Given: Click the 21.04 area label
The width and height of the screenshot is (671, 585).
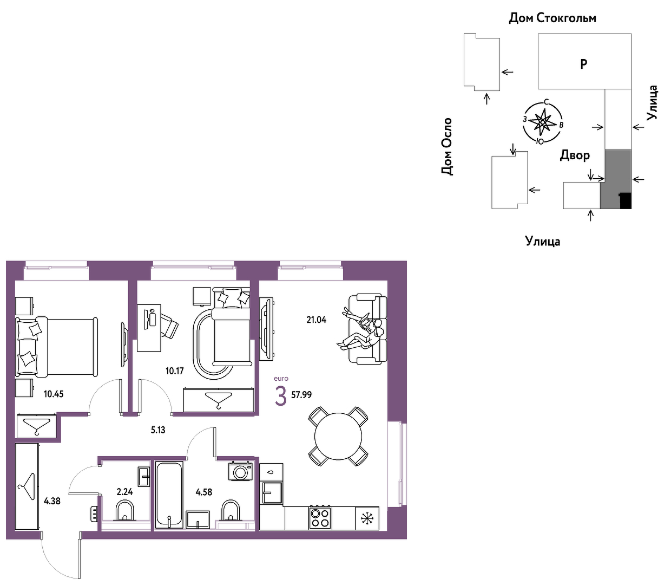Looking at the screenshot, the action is [x=316, y=320].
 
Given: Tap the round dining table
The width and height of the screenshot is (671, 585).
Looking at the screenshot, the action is [x=338, y=436].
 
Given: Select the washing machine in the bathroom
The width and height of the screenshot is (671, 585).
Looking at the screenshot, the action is [x=241, y=472].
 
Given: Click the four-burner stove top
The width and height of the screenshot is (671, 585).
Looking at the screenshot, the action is [x=320, y=518].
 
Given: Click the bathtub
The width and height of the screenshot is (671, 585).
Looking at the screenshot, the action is [x=169, y=495].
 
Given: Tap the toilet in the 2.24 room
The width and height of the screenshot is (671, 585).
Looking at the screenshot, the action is [x=125, y=511].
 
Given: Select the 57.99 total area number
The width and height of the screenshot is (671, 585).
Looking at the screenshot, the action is [x=301, y=394].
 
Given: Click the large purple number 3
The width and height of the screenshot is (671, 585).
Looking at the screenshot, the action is [x=281, y=396].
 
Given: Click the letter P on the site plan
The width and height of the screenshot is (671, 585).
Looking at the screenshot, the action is [x=583, y=64].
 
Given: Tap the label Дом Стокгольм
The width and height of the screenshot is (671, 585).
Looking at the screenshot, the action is [x=552, y=18].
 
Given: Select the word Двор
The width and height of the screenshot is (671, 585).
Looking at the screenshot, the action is [x=575, y=155].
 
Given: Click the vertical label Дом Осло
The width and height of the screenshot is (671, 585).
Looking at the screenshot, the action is [x=446, y=147].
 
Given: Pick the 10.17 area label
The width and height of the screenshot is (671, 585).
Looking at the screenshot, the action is [x=174, y=371].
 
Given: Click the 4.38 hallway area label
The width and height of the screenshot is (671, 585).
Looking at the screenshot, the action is [x=52, y=501].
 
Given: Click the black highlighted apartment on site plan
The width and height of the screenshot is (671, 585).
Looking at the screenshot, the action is [x=626, y=200].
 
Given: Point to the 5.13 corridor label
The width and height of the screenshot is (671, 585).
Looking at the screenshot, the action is [x=158, y=430].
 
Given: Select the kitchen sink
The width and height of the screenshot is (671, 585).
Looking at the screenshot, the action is [x=271, y=492].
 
